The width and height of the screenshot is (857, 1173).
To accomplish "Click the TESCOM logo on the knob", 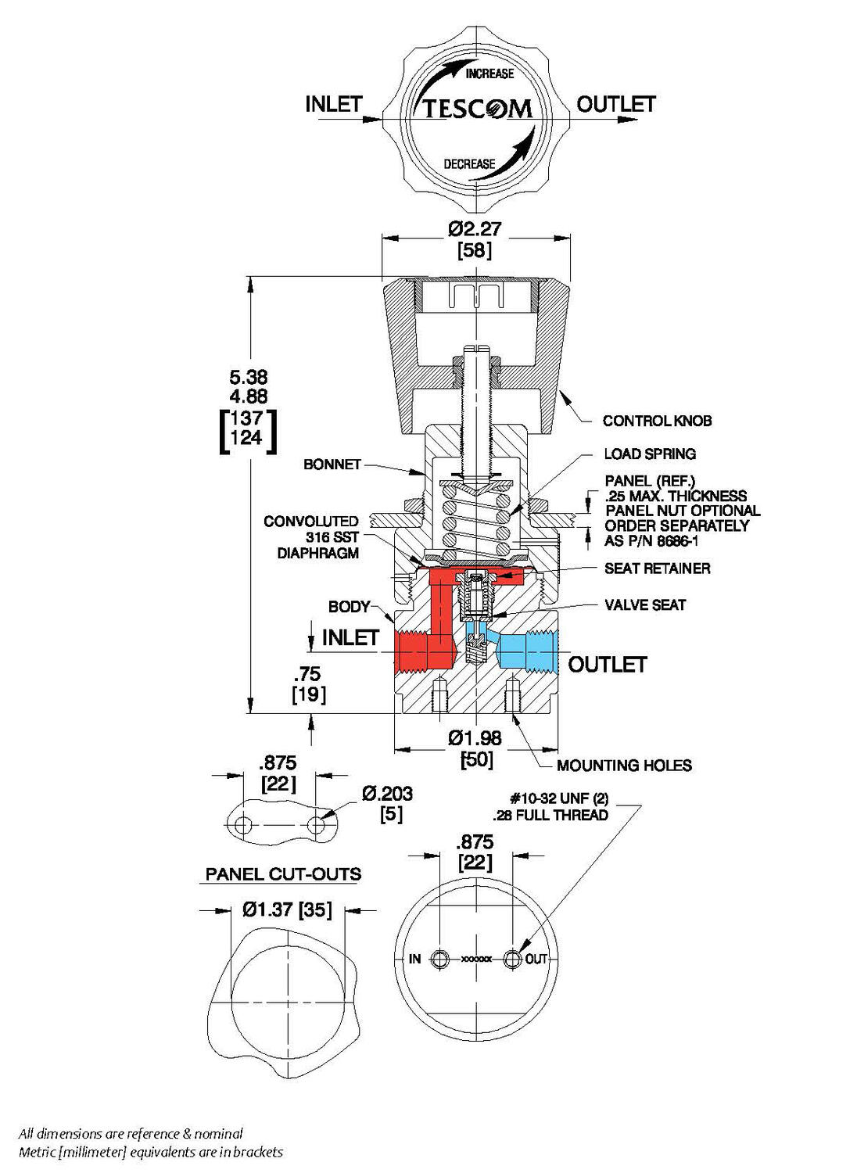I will (x=477, y=109).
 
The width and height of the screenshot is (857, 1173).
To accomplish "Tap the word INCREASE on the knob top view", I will (x=489, y=74).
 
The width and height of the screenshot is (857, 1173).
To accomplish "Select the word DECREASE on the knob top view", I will (x=469, y=164).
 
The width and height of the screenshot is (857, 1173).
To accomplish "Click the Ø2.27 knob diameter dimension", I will (x=474, y=229).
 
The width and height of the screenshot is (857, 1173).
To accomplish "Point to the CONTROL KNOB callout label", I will (x=657, y=421).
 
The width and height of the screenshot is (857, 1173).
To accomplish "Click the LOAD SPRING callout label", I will (x=649, y=454).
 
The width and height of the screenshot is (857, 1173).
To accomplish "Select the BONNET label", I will (x=332, y=465).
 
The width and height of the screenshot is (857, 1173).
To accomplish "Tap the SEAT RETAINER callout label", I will (x=657, y=569).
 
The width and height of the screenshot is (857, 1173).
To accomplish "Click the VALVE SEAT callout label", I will (x=645, y=604).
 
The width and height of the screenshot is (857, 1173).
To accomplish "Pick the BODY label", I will (x=349, y=606).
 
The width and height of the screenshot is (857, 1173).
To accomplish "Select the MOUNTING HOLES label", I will (x=624, y=765).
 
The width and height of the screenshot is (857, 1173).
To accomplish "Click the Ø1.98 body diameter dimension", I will (x=475, y=737).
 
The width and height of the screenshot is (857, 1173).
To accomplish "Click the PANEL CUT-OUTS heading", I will (x=283, y=873).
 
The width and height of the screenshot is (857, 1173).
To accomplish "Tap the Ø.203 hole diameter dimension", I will (x=387, y=795).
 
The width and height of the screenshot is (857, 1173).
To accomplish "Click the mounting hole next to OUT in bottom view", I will (x=512, y=959).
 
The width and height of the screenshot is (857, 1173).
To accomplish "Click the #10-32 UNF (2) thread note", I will (x=558, y=798).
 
